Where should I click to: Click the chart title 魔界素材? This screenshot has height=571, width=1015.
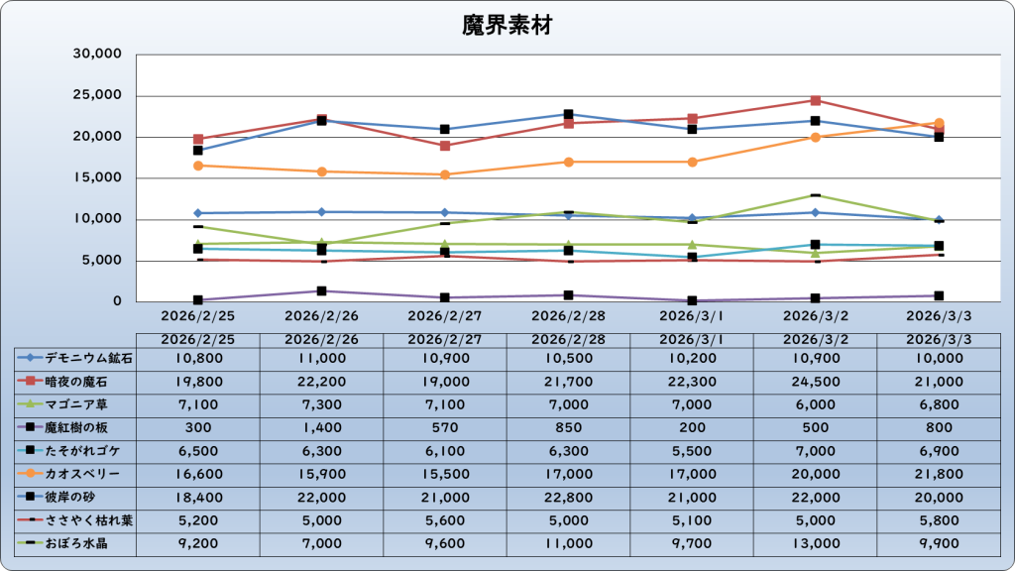coord(507,26)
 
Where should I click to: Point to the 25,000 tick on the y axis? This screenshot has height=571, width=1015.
coord(98,96)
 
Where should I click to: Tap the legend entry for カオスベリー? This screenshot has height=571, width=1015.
coord(75,474)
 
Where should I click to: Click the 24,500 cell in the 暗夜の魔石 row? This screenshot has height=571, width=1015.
coord(815,381)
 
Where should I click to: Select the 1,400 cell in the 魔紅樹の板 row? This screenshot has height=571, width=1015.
coord(321,427)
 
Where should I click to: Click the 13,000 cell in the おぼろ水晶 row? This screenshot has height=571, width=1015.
coord(815,544)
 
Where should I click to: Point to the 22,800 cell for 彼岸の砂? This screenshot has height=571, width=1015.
coord(568,498)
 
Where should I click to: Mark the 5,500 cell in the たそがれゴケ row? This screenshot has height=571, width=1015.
coord(692,451)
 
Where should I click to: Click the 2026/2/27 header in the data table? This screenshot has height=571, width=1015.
coord(445,339)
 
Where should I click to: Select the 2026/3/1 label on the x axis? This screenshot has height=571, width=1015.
coord(692,316)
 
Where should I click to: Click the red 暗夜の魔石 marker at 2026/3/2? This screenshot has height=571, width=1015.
coord(815,101)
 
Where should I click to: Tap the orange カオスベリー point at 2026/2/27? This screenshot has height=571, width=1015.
coord(445,174)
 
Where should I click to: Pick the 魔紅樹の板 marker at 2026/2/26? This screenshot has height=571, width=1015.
coord(321,291)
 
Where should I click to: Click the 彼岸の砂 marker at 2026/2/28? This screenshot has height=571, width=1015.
coord(568,115)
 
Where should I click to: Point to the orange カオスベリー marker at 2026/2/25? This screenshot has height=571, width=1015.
coord(198,166)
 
